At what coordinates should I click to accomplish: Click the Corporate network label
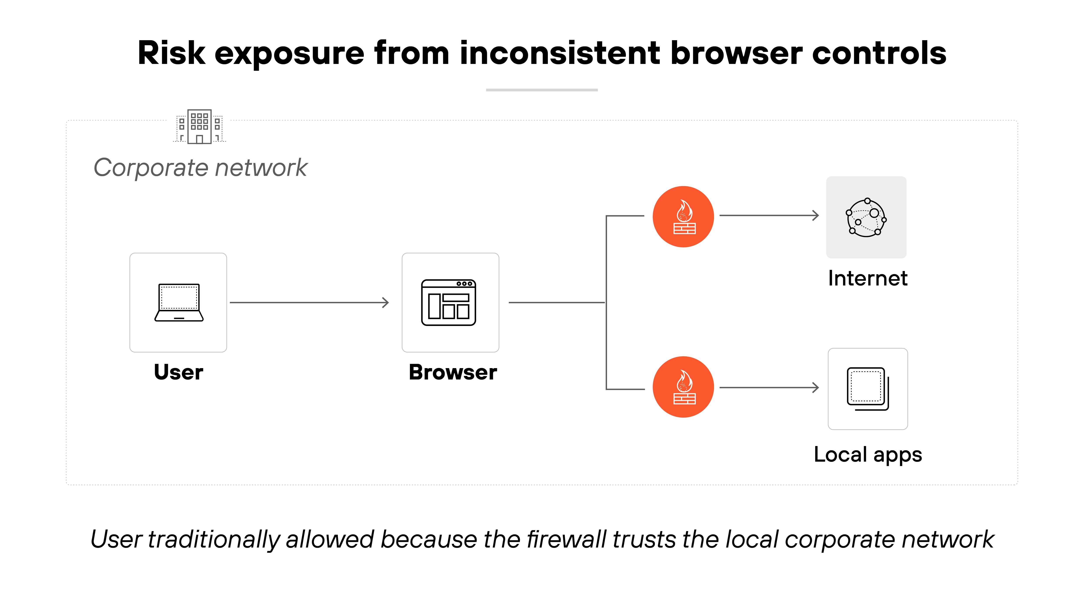click(200, 167)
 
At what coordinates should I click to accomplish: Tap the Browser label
click(453, 372)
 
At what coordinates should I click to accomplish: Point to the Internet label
click(868, 278)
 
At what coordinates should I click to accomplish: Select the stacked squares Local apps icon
click(868, 389)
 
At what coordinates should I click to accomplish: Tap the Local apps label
click(868, 455)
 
